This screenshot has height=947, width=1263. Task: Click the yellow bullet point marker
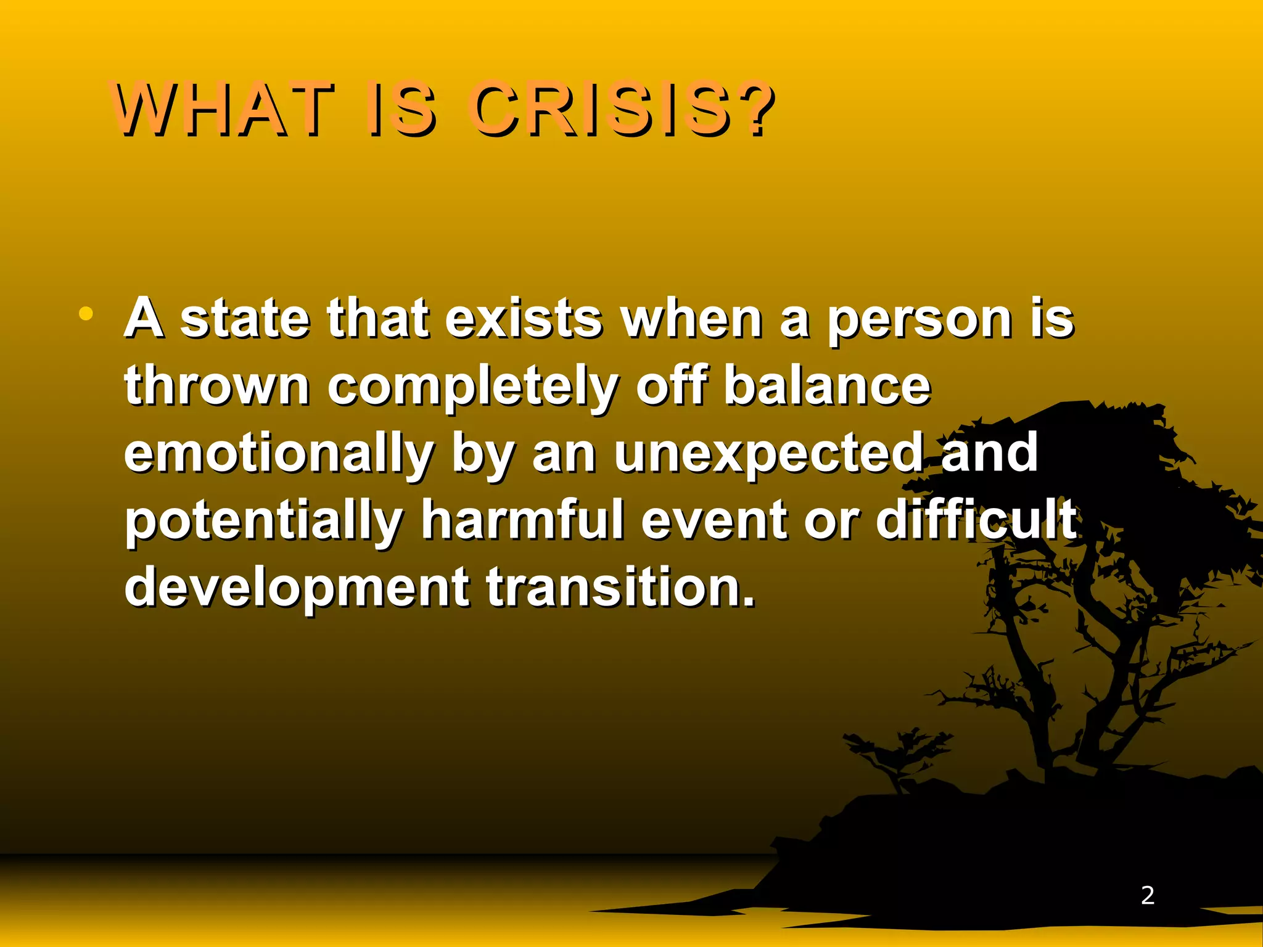pyautogui.click(x=86, y=314)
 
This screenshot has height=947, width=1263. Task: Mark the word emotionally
pyautogui.click(x=279, y=455)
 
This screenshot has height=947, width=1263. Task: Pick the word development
pyautogui.click(x=297, y=589)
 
